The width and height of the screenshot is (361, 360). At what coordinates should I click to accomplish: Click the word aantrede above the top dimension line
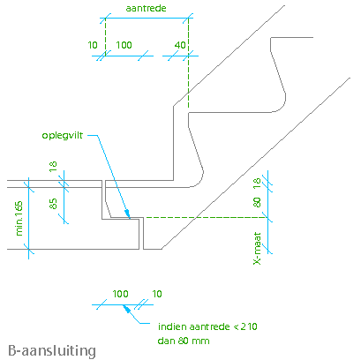point(146,8)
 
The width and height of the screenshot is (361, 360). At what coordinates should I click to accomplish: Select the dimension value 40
point(180,45)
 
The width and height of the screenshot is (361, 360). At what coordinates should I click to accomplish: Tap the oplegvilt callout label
point(63,136)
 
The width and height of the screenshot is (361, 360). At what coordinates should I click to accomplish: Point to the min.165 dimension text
point(19,218)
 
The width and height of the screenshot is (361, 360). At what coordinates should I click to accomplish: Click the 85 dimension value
point(53,204)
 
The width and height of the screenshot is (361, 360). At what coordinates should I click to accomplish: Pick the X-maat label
point(257,249)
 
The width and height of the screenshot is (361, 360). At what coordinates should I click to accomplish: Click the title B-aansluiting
point(52,351)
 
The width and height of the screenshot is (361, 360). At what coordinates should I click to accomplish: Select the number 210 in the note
point(249,326)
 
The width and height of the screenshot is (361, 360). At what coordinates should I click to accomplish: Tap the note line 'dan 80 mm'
point(184,341)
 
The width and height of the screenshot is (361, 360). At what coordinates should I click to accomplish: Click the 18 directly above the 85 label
point(53,167)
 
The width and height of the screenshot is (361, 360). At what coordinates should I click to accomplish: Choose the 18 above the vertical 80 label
point(257,184)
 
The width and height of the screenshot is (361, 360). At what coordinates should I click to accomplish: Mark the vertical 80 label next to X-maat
point(257,202)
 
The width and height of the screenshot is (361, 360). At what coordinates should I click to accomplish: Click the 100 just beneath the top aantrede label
point(124,45)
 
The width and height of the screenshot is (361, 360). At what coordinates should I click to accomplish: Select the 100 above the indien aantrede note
point(120,294)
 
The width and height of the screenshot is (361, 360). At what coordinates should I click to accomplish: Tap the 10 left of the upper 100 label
point(93,45)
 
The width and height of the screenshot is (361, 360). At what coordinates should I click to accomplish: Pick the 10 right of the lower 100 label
point(157,294)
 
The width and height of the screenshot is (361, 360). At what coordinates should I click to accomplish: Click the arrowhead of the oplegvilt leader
point(127,214)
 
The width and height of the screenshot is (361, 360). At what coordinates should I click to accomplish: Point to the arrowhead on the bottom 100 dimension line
point(126,309)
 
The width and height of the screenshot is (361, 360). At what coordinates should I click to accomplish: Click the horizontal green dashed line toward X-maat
point(207,217)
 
